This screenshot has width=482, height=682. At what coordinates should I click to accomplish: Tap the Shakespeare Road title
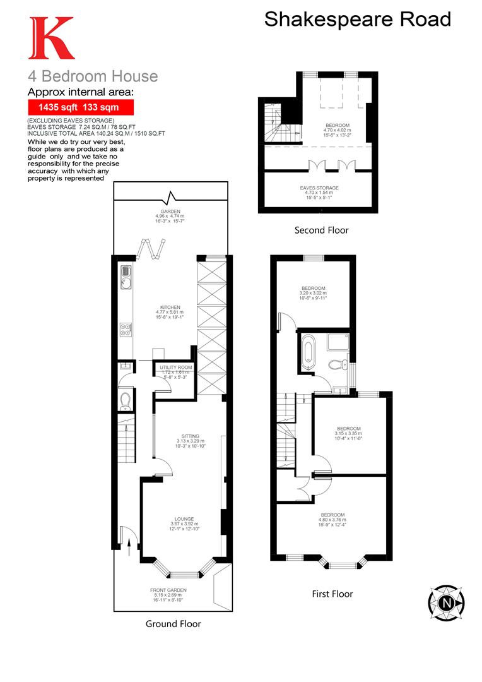(x=357, y=19)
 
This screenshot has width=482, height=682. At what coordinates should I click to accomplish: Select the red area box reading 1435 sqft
(x=81, y=107)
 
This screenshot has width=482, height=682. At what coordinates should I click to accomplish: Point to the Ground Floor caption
(x=173, y=624)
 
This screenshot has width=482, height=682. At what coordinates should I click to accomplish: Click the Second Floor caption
(x=321, y=230)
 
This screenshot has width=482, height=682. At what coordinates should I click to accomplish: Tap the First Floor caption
(x=332, y=594)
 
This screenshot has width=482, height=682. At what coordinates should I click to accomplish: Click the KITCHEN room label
(x=170, y=308)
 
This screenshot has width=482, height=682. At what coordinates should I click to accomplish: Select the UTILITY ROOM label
(x=175, y=367)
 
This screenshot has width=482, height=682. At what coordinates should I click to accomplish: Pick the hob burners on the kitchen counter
(x=125, y=329)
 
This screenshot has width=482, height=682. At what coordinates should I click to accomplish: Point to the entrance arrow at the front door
(x=129, y=544)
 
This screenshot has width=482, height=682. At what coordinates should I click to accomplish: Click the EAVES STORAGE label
(x=319, y=188)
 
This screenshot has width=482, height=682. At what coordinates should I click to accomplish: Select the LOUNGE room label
(x=184, y=519)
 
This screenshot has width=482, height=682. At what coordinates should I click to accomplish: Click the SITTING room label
(x=190, y=436)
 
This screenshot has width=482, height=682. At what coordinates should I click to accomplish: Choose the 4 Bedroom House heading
(x=93, y=76)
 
